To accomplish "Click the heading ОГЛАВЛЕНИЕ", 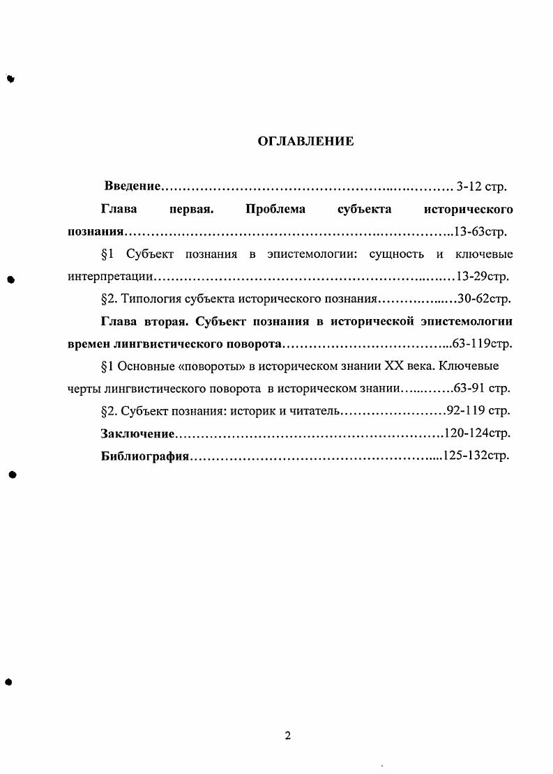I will [305, 141].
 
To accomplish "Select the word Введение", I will [132, 186].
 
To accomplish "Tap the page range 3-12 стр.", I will [481, 186].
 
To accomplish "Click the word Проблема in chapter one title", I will [275, 209].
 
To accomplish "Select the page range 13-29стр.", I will [482, 277].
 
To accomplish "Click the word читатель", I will [313, 410].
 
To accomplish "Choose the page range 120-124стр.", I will [478, 433].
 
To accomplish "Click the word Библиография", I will [145, 456].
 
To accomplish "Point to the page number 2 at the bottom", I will [287, 736].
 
